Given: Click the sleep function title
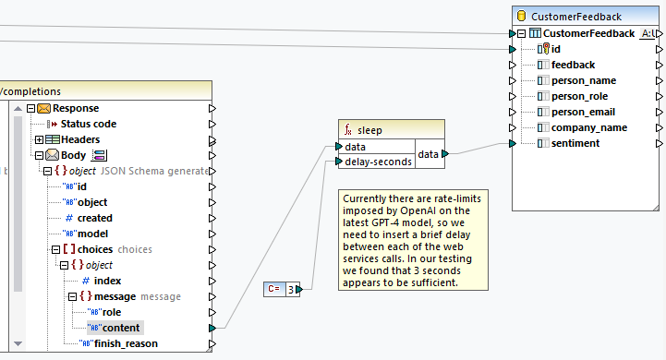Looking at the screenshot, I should click(369, 130).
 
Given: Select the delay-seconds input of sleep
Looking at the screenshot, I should click(377, 162).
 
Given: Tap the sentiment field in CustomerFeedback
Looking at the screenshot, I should click(575, 143).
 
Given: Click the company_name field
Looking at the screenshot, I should click(588, 127).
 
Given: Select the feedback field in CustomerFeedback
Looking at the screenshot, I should click(573, 65).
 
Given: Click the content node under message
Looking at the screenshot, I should click(121, 328).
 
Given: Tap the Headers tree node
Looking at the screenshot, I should click(79, 139).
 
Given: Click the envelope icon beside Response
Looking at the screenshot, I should click(43, 108).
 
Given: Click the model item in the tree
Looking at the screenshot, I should click(92, 234).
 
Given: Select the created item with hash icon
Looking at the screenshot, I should click(94, 218).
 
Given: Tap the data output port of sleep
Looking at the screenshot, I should click(445, 154).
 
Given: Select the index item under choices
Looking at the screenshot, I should click(107, 281).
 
